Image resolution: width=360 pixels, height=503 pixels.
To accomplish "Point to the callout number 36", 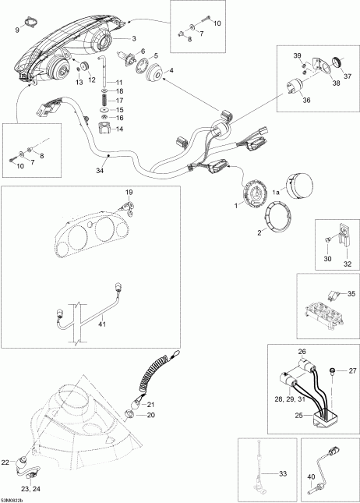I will click(306, 100).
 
